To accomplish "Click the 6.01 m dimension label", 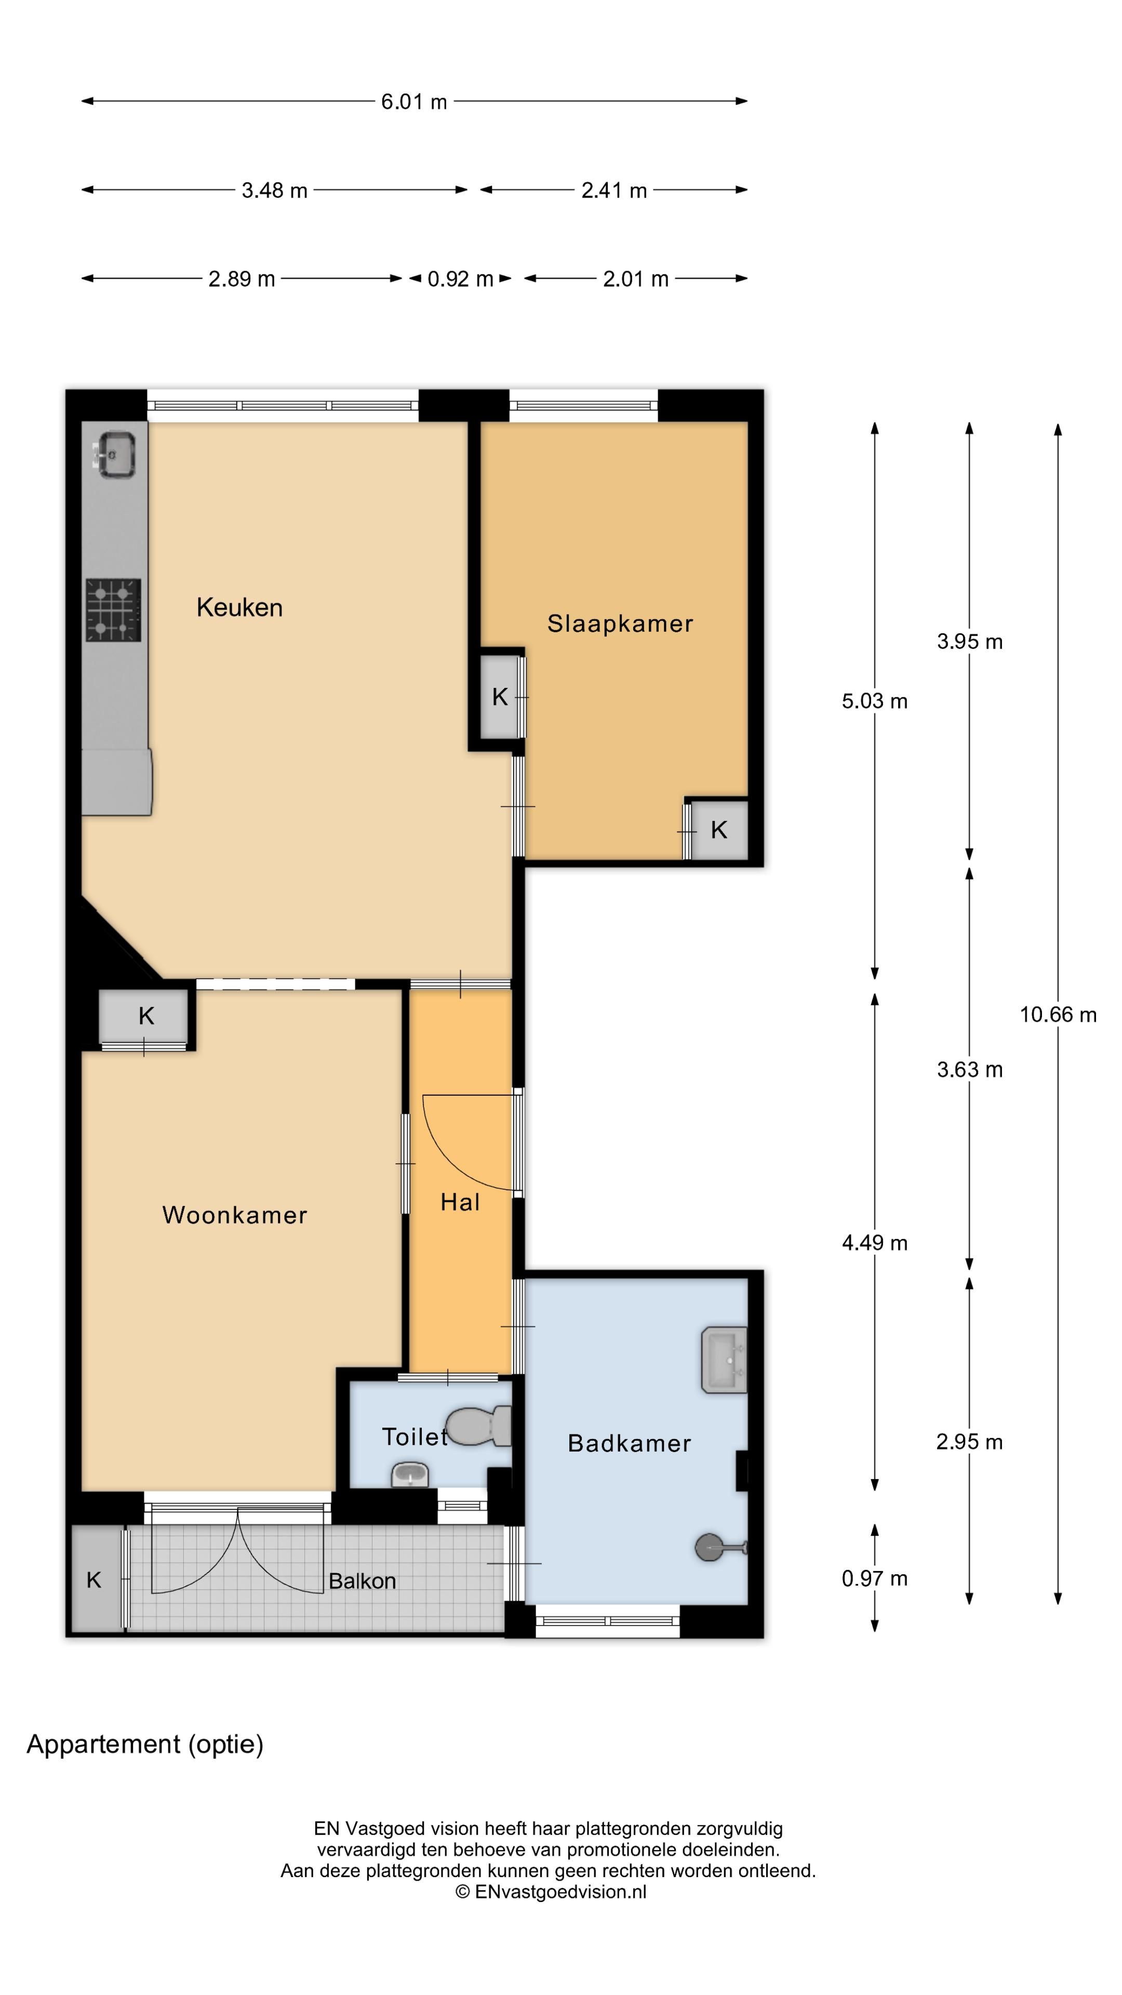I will (413, 101).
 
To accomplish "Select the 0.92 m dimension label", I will (460, 279).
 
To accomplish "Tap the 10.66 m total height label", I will (1057, 1015).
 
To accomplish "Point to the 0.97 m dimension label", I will (874, 1578).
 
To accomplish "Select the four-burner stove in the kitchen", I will (113, 610).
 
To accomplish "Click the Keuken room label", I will (239, 607).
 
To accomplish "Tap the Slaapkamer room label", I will (620, 623).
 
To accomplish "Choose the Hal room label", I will (460, 1202).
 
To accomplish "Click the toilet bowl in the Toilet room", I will (476, 1426).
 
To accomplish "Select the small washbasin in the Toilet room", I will (410, 1474).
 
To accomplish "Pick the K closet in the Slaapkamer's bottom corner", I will (718, 830).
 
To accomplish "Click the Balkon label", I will (362, 1580).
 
